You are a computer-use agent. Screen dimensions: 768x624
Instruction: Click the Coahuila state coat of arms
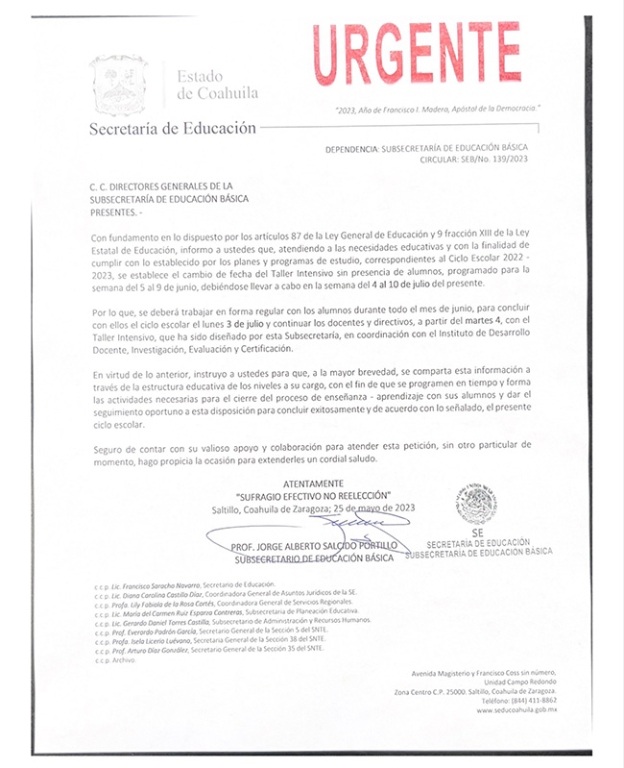coord(118,86)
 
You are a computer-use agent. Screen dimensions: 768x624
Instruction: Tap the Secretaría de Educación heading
coord(173,127)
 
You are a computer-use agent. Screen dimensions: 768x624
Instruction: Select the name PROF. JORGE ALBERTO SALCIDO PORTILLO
coord(313,546)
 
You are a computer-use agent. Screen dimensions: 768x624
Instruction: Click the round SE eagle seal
coord(476,503)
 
